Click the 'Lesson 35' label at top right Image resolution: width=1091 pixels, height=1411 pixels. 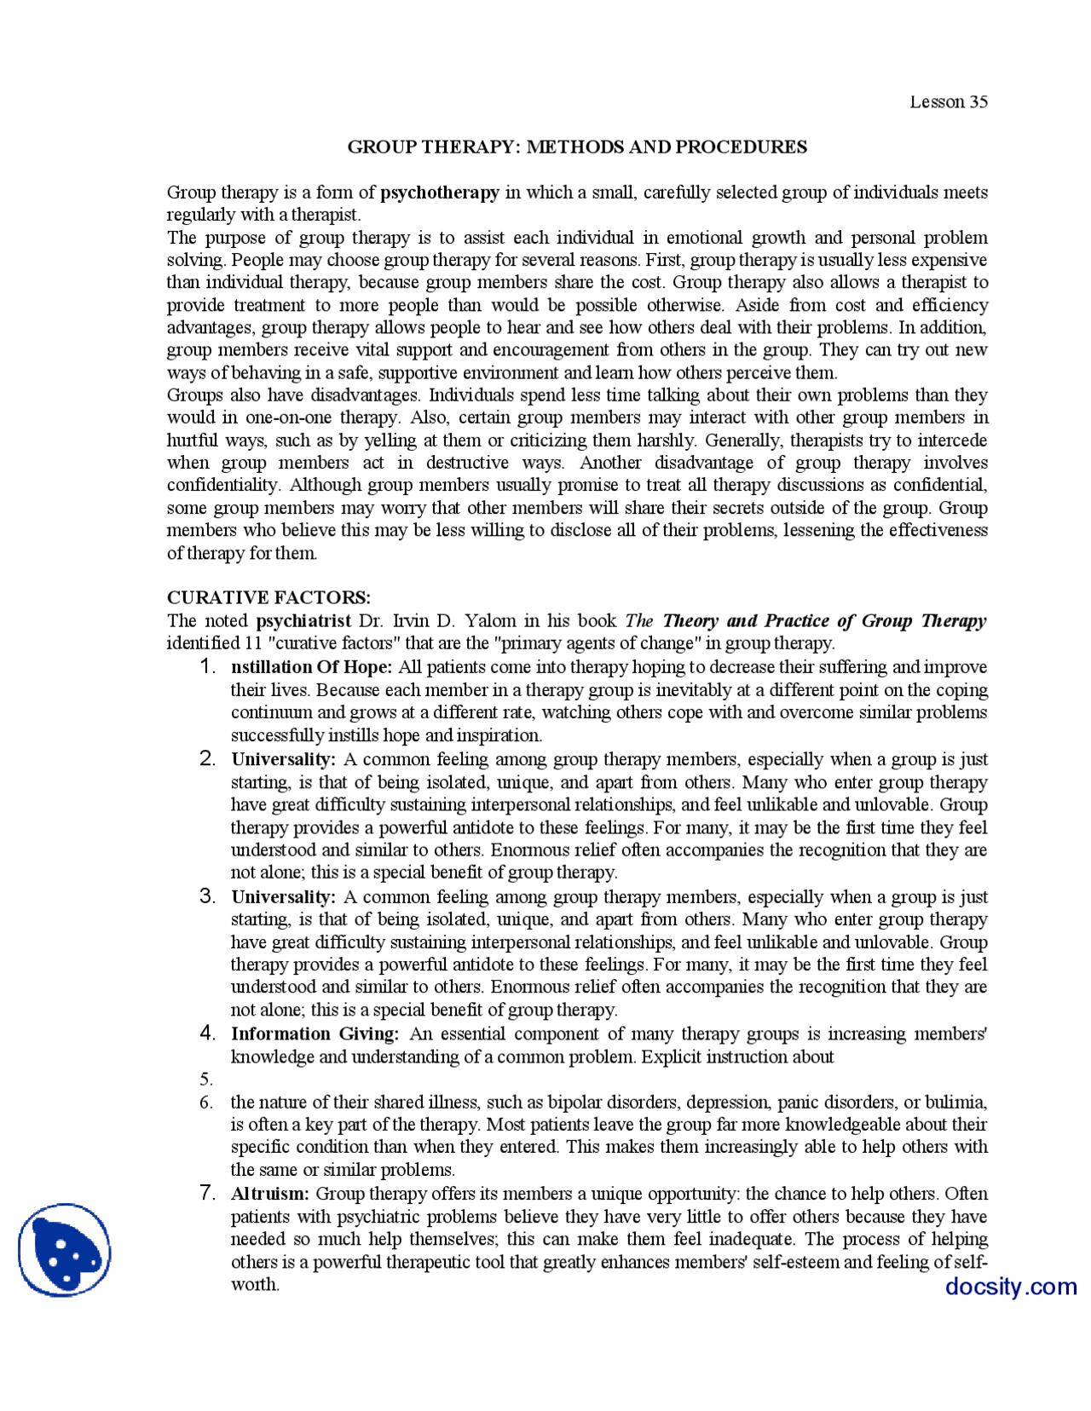click(x=948, y=102)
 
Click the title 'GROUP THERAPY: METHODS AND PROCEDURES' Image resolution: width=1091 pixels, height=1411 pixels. click(x=577, y=147)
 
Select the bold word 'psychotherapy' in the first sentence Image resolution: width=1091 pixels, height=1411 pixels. click(x=440, y=193)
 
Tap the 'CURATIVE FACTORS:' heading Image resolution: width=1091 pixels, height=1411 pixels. click(x=268, y=597)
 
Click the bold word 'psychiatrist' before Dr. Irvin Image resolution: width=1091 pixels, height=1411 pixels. click(x=303, y=620)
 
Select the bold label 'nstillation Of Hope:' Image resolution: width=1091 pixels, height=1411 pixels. click(x=311, y=667)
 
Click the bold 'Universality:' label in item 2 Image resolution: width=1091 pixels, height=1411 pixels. click(x=283, y=759)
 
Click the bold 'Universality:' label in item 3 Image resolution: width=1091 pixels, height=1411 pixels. click(x=283, y=897)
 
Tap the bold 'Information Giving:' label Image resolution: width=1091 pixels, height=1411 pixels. click(x=315, y=1034)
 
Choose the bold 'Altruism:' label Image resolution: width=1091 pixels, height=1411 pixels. click(x=270, y=1195)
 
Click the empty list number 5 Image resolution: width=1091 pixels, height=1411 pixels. click(x=207, y=1080)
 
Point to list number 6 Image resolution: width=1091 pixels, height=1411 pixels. click(x=207, y=1103)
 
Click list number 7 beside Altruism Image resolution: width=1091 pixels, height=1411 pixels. click(x=207, y=1193)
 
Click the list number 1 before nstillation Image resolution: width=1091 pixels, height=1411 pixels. click(x=207, y=666)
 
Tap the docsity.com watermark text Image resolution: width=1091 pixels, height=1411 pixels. click(x=1010, y=1286)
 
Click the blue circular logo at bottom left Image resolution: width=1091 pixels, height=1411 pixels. click(x=64, y=1250)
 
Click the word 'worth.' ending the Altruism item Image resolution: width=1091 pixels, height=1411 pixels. click(x=255, y=1285)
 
